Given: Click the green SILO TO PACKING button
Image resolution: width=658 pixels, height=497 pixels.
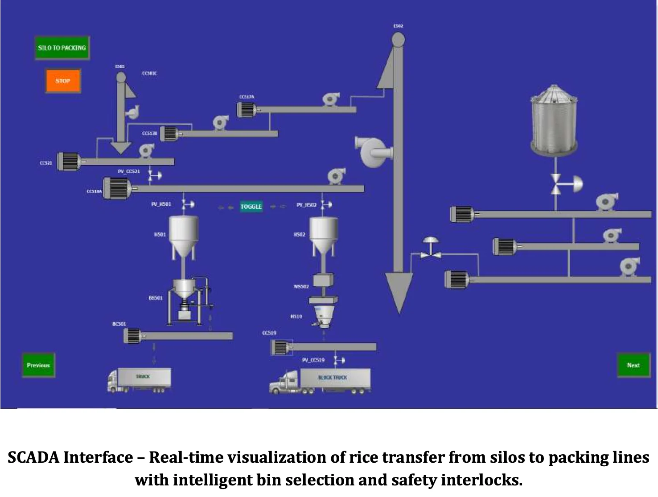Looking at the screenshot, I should coord(62,48).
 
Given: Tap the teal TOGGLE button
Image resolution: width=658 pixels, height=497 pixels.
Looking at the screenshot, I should coord(251,207).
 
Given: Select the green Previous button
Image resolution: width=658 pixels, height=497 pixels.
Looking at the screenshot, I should coord(38,365).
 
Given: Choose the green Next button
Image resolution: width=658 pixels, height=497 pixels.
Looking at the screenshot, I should coord(633,365).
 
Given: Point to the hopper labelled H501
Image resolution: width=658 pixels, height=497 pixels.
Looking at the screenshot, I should coord(183,236).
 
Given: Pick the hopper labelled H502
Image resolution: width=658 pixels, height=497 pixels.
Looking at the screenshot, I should coord(323,236).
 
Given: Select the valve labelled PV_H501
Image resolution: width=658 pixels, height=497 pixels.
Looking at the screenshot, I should coord(185,204).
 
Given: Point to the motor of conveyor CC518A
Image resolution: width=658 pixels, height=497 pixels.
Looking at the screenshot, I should coord(117,188).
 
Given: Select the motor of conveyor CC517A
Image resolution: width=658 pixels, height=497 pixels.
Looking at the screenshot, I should coord(246,109).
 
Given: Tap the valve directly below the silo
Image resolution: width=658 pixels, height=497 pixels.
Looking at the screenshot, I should coord(557,184).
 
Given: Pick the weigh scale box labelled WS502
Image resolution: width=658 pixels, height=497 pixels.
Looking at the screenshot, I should coord(323,280).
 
